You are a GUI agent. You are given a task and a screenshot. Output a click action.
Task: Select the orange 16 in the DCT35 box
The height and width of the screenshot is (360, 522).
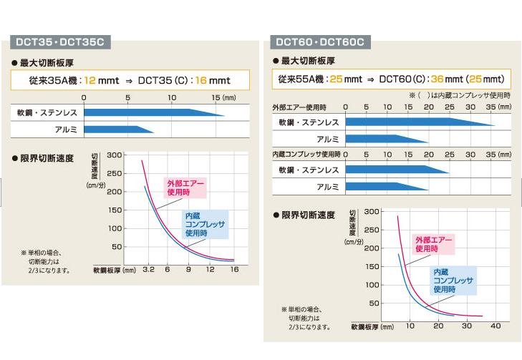coord(202,79)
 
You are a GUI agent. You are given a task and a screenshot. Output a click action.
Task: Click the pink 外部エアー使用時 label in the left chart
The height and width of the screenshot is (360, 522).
coord(185,188)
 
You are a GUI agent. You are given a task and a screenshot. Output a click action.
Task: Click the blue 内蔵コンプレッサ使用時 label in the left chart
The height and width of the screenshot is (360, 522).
coord(206,224)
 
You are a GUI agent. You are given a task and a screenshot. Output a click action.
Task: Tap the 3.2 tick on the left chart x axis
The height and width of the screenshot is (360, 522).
coord(148,271)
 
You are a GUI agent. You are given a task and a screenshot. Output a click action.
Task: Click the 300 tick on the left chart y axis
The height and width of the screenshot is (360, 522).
coord(113,155)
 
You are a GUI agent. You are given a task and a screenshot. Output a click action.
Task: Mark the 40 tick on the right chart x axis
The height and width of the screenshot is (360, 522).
coord(496,326)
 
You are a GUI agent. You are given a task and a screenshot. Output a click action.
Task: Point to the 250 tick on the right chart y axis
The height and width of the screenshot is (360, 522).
coord(370,230)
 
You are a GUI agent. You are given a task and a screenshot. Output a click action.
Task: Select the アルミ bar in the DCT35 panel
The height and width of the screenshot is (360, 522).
coord(117,130)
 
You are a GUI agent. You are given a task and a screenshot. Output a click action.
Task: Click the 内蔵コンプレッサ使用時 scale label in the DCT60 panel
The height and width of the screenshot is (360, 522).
coord(306,155)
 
